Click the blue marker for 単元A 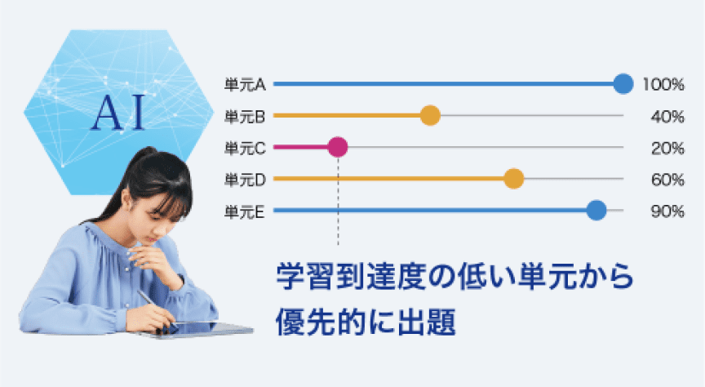click(623, 84)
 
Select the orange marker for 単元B click(430, 116)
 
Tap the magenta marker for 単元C click(338, 147)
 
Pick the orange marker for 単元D click(514, 179)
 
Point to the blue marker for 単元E click(596, 210)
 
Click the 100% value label click(663, 85)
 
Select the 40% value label click(667, 117)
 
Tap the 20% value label click(667, 148)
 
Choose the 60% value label click(667, 180)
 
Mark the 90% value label click(667, 211)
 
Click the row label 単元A click(245, 85)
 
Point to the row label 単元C click(245, 148)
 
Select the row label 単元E click(245, 211)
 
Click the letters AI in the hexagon click(118, 113)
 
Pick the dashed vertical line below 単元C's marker click(338, 201)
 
